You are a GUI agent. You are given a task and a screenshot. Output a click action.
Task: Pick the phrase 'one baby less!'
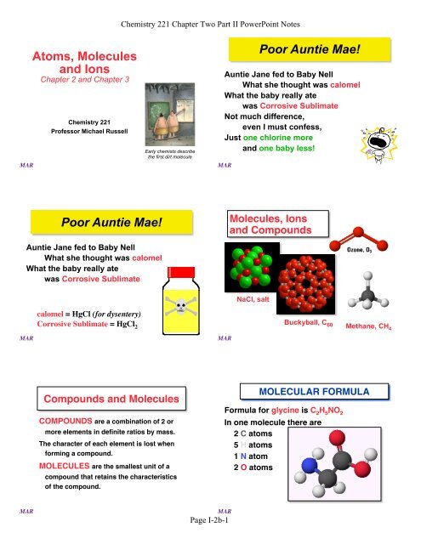click(293, 147)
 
